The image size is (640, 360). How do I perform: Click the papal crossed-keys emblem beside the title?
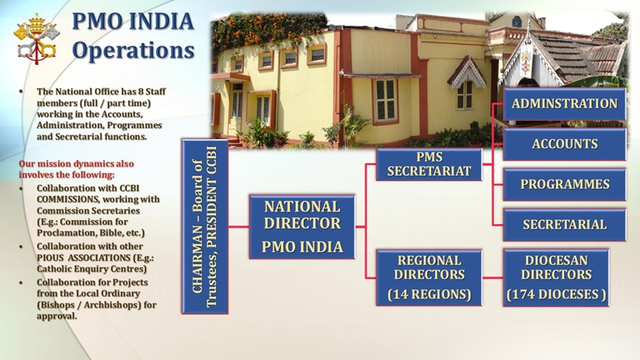click(36, 38)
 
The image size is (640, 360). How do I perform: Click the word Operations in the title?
click(133, 50)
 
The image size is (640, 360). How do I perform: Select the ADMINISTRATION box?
click(565, 104)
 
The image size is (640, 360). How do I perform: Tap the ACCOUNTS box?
click(565, 144)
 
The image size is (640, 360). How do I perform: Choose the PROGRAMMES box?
click(565, 184)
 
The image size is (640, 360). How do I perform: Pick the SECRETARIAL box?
click(565, 225)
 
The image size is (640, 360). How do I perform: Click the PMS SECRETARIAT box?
click(429, 164)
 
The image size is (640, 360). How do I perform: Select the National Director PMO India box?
click(302, 226)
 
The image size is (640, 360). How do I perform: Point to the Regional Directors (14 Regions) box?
click(429, 278)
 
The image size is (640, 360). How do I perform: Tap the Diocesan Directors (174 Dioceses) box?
click(556, 278)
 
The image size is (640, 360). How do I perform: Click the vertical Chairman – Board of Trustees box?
click(205, 226)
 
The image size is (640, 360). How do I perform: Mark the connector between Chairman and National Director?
click(238, 226)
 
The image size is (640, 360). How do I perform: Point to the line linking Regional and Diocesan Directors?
click(493, 278)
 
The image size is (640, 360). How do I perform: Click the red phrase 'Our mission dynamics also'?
click(76, 164)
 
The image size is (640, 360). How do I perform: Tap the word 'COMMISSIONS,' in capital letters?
click(68, 199)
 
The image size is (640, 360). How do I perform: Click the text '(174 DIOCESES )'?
click(556, 294)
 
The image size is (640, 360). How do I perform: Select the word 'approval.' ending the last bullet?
click(57, 316)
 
